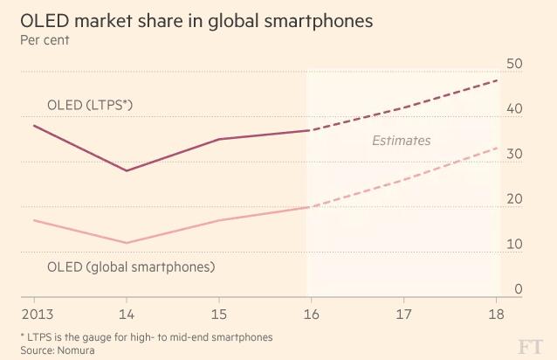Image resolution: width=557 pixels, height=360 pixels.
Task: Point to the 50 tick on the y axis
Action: (514, 64)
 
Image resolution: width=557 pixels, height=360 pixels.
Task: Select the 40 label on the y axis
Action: (514, 109)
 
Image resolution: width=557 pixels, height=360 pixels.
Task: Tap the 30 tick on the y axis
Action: (514, 154)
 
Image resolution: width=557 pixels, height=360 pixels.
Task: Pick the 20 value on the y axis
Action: (514, 199)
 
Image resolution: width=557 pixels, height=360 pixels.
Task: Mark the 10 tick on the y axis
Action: (514, 244)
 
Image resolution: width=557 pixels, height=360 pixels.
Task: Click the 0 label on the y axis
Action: (518, 289)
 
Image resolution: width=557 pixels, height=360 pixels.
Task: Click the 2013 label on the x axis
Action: (32, 312)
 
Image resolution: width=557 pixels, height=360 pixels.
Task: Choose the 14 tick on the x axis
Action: (127, 312)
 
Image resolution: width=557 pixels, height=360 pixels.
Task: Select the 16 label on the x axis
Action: (311, 312)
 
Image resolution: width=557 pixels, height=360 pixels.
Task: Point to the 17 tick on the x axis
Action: (403, 312)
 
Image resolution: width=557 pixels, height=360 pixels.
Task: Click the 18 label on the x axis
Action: (496, 312)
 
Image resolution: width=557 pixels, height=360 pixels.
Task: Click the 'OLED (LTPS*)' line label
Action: (89, 106)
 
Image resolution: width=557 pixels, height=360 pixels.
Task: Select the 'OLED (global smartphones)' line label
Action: (130, 267)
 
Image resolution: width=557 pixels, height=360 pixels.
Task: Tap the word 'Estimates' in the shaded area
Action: (401, 140)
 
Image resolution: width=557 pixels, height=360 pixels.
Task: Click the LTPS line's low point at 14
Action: (127, 170)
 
